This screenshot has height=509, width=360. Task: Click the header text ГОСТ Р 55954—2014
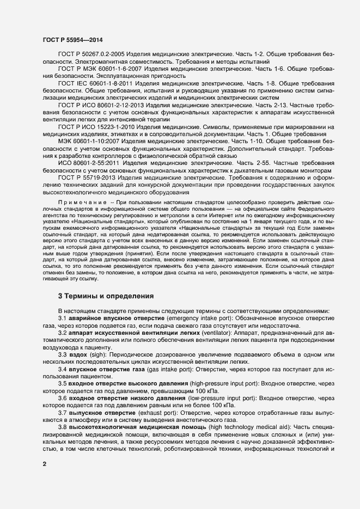coord(72,40)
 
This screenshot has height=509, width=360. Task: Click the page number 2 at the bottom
coord(44,463)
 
